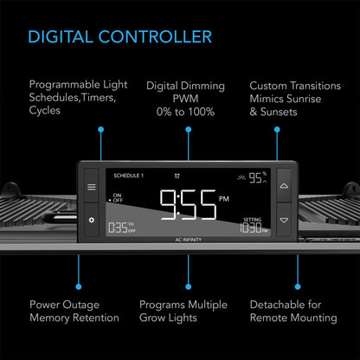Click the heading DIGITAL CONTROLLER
coord(120,37)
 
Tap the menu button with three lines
coord(92,187)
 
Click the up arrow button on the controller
coord(284,186)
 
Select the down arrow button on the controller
coord(284,221)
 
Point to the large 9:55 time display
coord(188,205)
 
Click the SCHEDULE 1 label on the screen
coord(128,176)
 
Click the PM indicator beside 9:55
coord(224,199)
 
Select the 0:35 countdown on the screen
coord(122,228)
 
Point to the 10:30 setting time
coord(254,228)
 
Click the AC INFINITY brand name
coord(189,240)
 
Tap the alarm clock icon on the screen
coord(177,176)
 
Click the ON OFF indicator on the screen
coord(116,198)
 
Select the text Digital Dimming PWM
coord(185,93)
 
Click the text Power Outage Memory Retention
coord(74,312)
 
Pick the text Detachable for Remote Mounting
coord(293,312)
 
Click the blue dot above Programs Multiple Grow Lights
coord(189,286)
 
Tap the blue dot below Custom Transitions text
coord(277,130)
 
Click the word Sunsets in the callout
coord(279,112)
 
